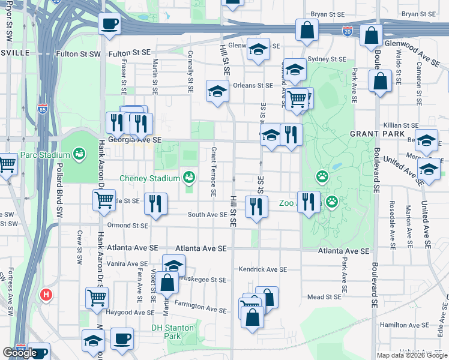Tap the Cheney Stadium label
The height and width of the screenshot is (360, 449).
click(x=149, y=178)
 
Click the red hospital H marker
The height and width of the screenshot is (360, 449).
click(x=46, y=295)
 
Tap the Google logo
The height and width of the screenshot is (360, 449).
click(x=20, y=353)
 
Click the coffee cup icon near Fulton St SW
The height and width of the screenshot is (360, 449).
click(x=109, y=25)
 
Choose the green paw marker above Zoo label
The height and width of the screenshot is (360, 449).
click(x=322, y=176)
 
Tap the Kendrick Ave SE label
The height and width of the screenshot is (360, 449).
click(x=263, y=269)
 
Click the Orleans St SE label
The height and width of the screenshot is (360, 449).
click(x=253, y=85)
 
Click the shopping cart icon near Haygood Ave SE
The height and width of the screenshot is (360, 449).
click(x=96, y=298)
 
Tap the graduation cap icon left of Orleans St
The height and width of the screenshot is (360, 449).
click(x=217, y=91)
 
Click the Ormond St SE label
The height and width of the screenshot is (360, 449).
click(x=127, y=226)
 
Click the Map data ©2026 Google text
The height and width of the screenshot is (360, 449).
click(x=411, y=355)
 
